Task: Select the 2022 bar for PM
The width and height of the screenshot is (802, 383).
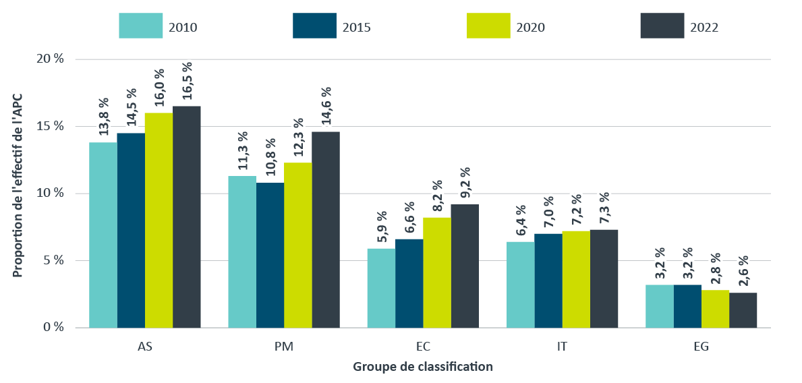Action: pyautogui.click(x=326, y=229)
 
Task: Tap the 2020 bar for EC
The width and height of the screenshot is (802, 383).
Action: pyautogui.click(x=437, y=272)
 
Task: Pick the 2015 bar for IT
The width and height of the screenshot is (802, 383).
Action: pyautogui.click(x=548, y=281)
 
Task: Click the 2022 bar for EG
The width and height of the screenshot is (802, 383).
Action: pyautogui.click(x=743, y=310)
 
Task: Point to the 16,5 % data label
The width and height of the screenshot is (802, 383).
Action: pyautogui.click(x=188, y=82)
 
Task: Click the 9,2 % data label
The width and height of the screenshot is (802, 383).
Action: pyautogui.click(x=465, y=181)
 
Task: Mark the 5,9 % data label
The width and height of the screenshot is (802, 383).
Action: pyautogui.click(x=382, y=225)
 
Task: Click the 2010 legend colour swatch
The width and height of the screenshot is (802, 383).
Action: pyautogui.click(x=141, y=26)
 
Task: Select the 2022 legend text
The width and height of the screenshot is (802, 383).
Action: pyautogui.click(x=704, y=28)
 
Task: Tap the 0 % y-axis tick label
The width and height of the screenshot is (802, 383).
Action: pyautogui.click(x=53, y=328)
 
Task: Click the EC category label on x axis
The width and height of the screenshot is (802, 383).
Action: pyautogui.click(x=423, y=347)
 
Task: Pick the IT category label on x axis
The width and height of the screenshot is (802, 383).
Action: pyautogui.click(x=562, y=347)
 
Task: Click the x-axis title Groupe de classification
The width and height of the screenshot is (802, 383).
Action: pyautogui.click(x=422, y=367)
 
